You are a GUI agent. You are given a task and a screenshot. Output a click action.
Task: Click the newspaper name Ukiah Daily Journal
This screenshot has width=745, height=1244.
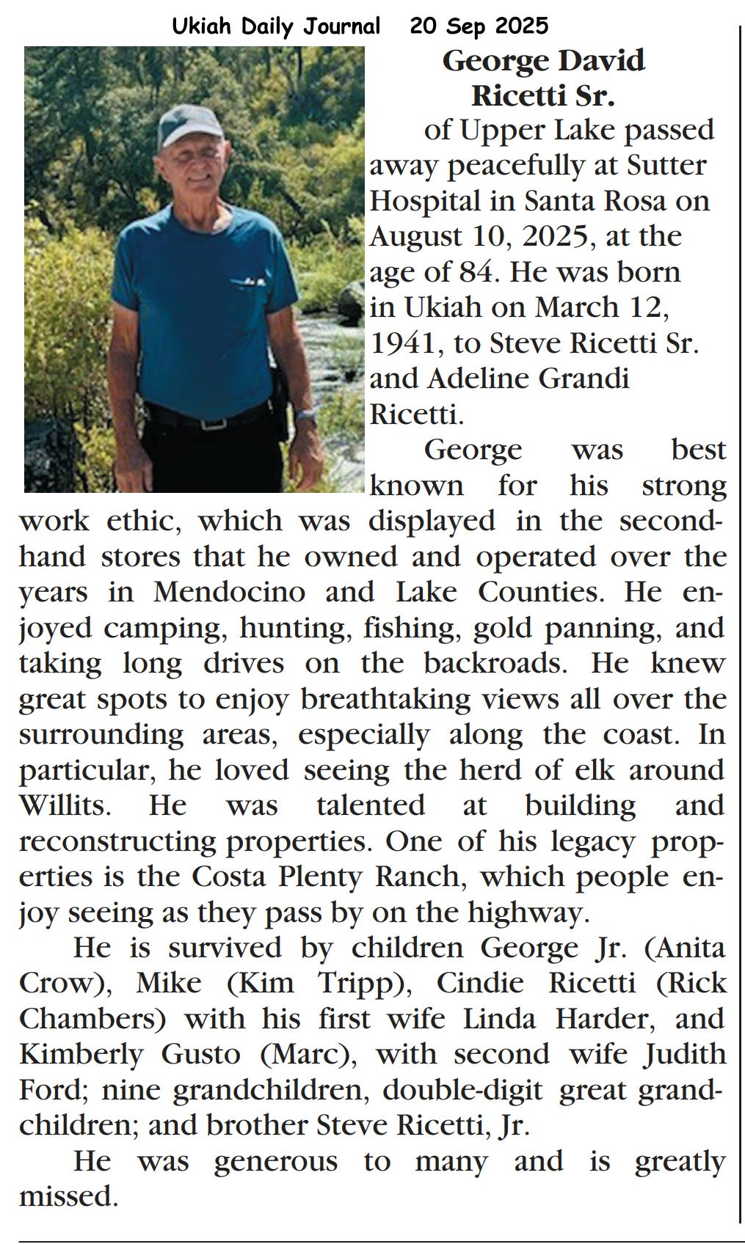[x=276, y=26]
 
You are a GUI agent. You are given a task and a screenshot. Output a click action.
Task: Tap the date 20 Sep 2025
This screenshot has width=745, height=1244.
[x=479, y=26]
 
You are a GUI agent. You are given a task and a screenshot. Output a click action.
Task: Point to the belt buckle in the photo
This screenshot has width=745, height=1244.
[x=214, y=423]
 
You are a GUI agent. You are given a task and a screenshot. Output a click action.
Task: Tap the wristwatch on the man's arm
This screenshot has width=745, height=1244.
[x=306, y=414]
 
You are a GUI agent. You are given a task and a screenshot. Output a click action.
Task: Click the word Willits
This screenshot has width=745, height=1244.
[x=65, y=806]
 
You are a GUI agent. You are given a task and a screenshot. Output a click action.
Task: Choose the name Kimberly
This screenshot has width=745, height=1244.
[x=81, y=1055]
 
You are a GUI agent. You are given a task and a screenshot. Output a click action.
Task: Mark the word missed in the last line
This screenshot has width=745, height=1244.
[x=68, y=1197]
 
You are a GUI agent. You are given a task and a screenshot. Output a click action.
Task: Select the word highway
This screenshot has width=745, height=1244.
[x=538, y=913]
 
